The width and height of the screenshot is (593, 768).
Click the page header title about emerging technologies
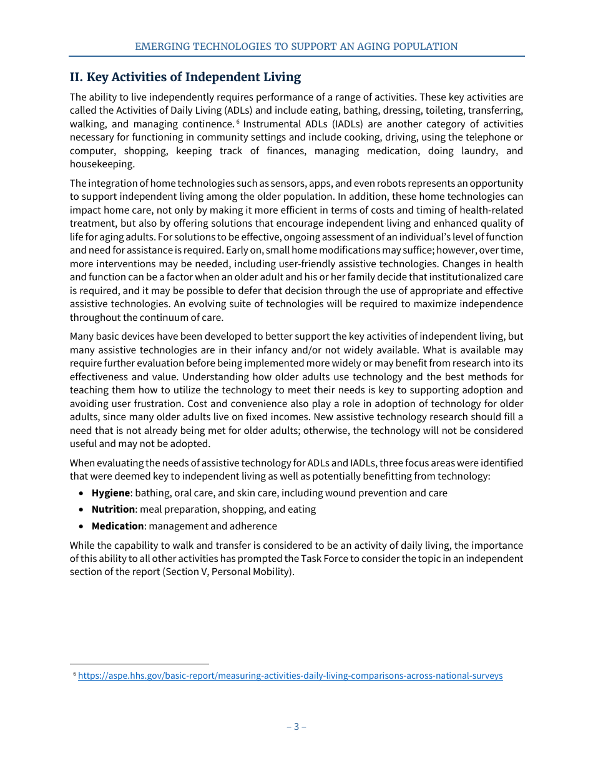296,46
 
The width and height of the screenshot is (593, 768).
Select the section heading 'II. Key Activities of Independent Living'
185,77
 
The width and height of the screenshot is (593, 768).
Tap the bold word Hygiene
110,493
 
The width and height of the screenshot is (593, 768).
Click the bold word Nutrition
113,509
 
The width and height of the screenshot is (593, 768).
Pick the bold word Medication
117,526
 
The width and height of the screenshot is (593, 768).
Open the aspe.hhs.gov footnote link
290,676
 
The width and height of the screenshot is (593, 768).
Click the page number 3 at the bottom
296,726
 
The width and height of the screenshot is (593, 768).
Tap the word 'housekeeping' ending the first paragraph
102,164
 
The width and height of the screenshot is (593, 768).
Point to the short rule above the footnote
139,664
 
